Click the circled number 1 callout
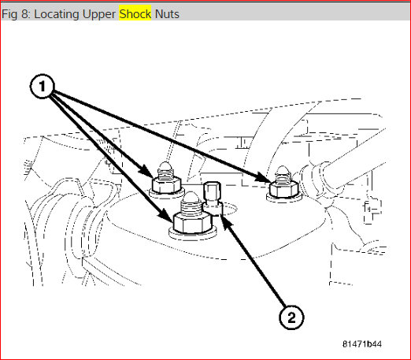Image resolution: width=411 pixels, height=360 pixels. coord(43,87)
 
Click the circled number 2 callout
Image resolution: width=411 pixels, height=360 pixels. coord(291,317)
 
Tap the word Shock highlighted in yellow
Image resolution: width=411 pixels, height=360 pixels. coord(135,14)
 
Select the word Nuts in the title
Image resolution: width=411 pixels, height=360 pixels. coord(167,14)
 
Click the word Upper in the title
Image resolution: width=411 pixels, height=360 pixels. coord(99,14)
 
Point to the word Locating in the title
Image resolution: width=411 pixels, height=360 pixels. coord(57,14)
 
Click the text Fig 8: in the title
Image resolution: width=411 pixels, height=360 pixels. coord(17,14)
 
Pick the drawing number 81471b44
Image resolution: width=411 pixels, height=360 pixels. coord(362,344)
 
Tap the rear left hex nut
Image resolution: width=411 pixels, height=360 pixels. coord(166,184)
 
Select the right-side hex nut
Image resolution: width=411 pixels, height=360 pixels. coord(283,189)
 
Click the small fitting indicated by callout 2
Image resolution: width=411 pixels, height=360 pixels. coord(213,198)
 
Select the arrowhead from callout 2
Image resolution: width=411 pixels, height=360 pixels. coord(226,221)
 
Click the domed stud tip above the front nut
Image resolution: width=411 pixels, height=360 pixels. coord(191,198)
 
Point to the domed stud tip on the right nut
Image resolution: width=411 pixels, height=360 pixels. coord(283,170)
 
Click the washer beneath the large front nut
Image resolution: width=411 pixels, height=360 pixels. coord(192,234)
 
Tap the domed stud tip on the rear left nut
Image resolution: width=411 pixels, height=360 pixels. coord(165,166)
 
